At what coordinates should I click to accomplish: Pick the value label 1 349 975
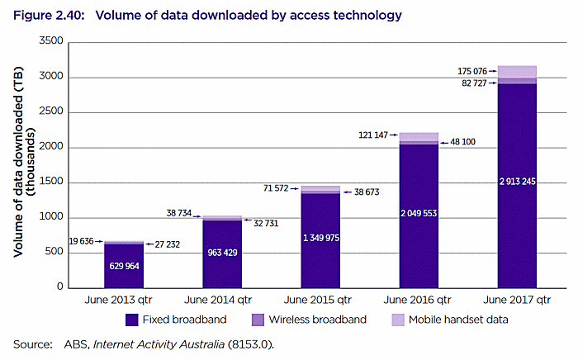[321, 238]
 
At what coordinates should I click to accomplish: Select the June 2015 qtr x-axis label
[321, 298]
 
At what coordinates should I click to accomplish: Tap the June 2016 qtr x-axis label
[419, 298]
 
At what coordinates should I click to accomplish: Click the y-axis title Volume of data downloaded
[21, 165]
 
